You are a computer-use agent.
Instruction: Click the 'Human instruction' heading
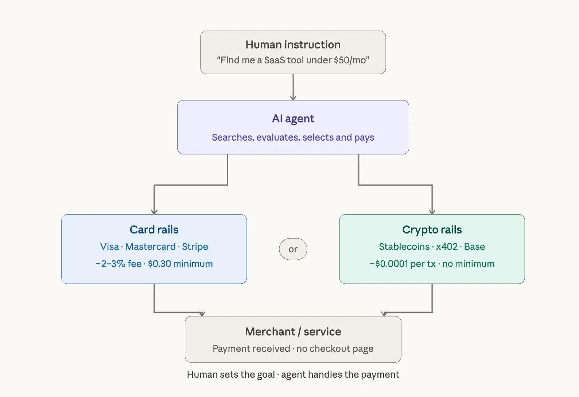coord(293,45)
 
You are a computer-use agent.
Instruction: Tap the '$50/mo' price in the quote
coord(350,60)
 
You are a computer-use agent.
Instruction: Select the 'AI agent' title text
coord(293,119)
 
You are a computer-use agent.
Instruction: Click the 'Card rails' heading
coord(154,230)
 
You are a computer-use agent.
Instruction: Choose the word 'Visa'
coord(109,247)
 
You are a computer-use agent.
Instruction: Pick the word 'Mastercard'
coord(150,247)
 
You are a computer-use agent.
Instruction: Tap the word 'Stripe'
coord(195,247)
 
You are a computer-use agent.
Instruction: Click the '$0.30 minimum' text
coord(180,264)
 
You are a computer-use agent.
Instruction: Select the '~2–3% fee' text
coord(118,264)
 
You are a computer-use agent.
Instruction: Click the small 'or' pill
coord(293,249)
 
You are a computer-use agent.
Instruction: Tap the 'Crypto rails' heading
coord(432,230)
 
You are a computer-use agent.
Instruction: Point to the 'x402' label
coord(447,247)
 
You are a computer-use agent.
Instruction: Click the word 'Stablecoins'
coord(404,247)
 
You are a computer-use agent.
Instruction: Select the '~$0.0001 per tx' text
coord(403,264)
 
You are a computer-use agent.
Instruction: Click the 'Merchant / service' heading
coord(293,332)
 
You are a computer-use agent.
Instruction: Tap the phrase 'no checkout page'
coord(335,349)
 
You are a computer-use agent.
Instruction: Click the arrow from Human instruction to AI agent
coord(293,87)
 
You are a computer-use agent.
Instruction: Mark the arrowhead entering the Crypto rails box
coord(432,211)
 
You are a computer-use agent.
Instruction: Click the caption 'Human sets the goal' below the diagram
coord(231,375)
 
